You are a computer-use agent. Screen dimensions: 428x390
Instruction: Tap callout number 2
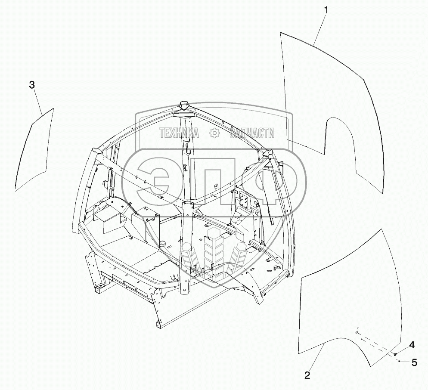[x=307, y=375]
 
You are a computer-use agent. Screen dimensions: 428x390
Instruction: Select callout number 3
[x=32, y=85]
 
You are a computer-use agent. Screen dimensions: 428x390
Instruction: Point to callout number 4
[x=412, y=345]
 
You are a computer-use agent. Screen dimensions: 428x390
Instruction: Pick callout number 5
[x=414, y=362]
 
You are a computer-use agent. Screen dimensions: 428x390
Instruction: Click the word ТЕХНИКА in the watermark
[x=179, y=133]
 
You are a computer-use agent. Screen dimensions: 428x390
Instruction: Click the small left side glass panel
[x=34, y=149]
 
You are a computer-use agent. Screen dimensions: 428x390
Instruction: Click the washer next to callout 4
[x=395, y=354]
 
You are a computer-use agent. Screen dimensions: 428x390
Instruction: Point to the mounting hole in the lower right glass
[x=357, y=333]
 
